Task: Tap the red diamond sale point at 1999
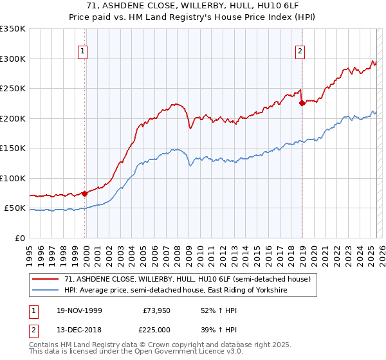(x=84, y=194)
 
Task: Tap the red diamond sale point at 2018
(x=302, y=103)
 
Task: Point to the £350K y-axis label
(x=13, y=29)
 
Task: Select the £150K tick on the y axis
(x=13, y=148)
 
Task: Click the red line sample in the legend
(x=46, y=279)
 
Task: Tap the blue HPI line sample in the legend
(x=46, y=291)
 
